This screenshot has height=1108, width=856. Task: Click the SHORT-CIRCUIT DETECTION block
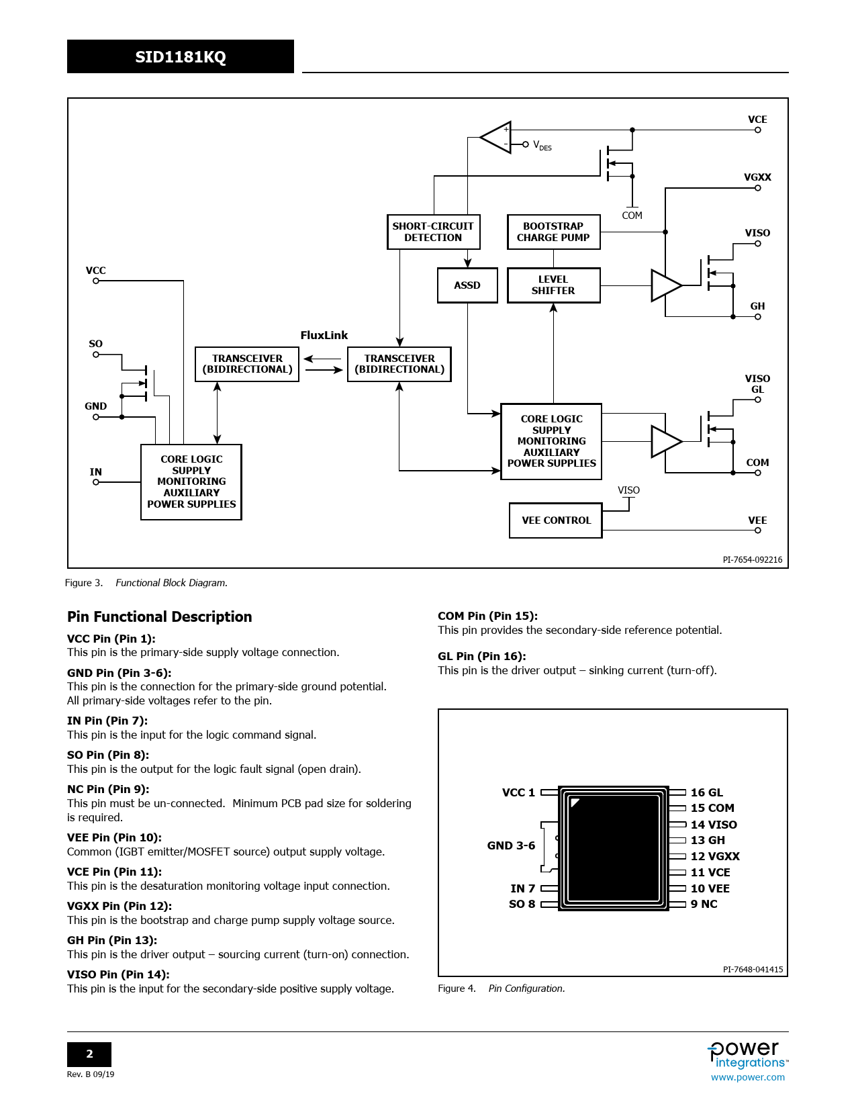coord(433,232)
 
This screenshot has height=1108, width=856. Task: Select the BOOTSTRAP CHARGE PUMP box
coord(553,232)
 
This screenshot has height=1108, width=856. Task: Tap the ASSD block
coord(467,285)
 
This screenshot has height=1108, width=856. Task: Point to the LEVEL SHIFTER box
coord(553,285)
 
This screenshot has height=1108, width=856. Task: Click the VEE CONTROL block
coord(556,520)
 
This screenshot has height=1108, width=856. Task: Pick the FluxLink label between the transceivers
coord(324,335)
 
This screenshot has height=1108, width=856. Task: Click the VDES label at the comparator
coord(542,146)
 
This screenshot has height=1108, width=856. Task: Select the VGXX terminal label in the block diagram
coord(757,177)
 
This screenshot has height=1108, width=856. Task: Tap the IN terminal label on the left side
coord(96,472)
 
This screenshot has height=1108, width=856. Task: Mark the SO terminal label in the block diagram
coord(96,344)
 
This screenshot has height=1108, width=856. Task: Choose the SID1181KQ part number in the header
coord(181,57)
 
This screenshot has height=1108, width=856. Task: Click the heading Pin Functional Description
coord(160,617)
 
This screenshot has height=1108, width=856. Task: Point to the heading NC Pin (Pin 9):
coord(108,789)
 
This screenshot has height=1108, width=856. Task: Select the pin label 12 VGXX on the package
coord(715,856)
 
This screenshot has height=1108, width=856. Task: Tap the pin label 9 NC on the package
coord(704,904)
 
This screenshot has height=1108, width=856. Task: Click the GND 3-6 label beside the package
coord(511,845)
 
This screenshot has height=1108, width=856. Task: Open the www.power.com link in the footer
coord(748,1077)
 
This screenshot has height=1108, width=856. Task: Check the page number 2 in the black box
coord(89,1054)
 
